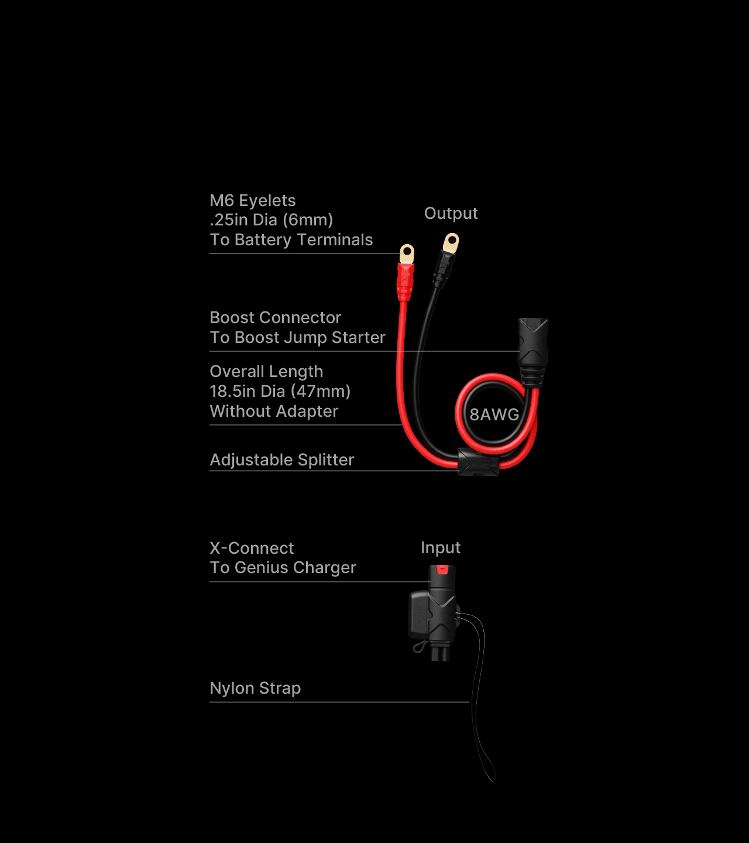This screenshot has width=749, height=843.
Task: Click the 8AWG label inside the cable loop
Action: [494, 414]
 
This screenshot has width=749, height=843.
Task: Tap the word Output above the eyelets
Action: [451, 214]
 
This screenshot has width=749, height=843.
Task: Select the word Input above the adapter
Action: [441, 548]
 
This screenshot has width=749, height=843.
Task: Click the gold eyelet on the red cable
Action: [407, 254]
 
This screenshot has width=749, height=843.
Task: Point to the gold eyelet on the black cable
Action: [451, 244]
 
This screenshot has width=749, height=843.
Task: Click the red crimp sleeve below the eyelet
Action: [406, 282]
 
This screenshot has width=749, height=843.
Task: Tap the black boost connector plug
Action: [532, 352]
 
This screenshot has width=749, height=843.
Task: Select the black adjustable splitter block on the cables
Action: [478, 461]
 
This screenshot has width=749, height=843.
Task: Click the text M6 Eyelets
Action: [252, 201]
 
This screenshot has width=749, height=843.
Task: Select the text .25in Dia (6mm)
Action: [271, 220]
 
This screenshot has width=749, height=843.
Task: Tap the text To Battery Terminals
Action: [291, 240]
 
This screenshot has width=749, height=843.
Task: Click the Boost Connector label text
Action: [275, 317]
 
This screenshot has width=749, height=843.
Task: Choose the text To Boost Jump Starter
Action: [297, 337]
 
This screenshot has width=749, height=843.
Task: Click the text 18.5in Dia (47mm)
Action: [280, 392]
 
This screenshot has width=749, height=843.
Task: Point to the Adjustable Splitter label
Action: [282, 460]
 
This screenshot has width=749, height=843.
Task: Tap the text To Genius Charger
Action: [283, 568]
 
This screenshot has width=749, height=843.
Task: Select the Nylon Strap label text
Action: [255, 688]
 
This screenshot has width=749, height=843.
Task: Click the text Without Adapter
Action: [274, 412]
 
